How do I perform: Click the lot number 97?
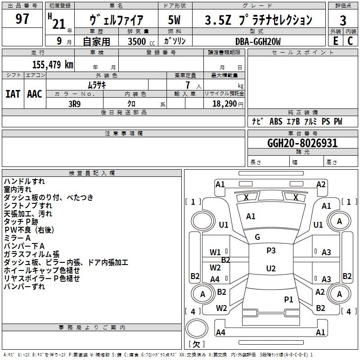[22, 19]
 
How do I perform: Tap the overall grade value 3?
[343, 21]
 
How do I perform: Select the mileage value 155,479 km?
[53, 65]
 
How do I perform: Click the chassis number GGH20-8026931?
[302, 143]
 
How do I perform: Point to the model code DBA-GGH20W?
[258, 41]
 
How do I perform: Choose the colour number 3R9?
[74, 104]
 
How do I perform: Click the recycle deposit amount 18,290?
[224, 104]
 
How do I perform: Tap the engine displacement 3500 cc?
[141, 41]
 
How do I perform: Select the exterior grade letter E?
[335, 41]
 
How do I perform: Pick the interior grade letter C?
[350, 41]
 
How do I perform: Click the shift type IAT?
[13, 94]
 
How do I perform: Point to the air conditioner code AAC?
[35, 94]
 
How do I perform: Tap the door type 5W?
[175, 20]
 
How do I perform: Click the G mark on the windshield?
[257, 237]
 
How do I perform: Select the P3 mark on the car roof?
[271, 250]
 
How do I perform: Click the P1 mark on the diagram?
[288, 299]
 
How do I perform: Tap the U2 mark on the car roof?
[271, 268]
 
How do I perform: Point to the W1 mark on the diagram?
[215, 252]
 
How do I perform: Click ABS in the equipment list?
[276, 121]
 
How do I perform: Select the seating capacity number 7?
[188, 85]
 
